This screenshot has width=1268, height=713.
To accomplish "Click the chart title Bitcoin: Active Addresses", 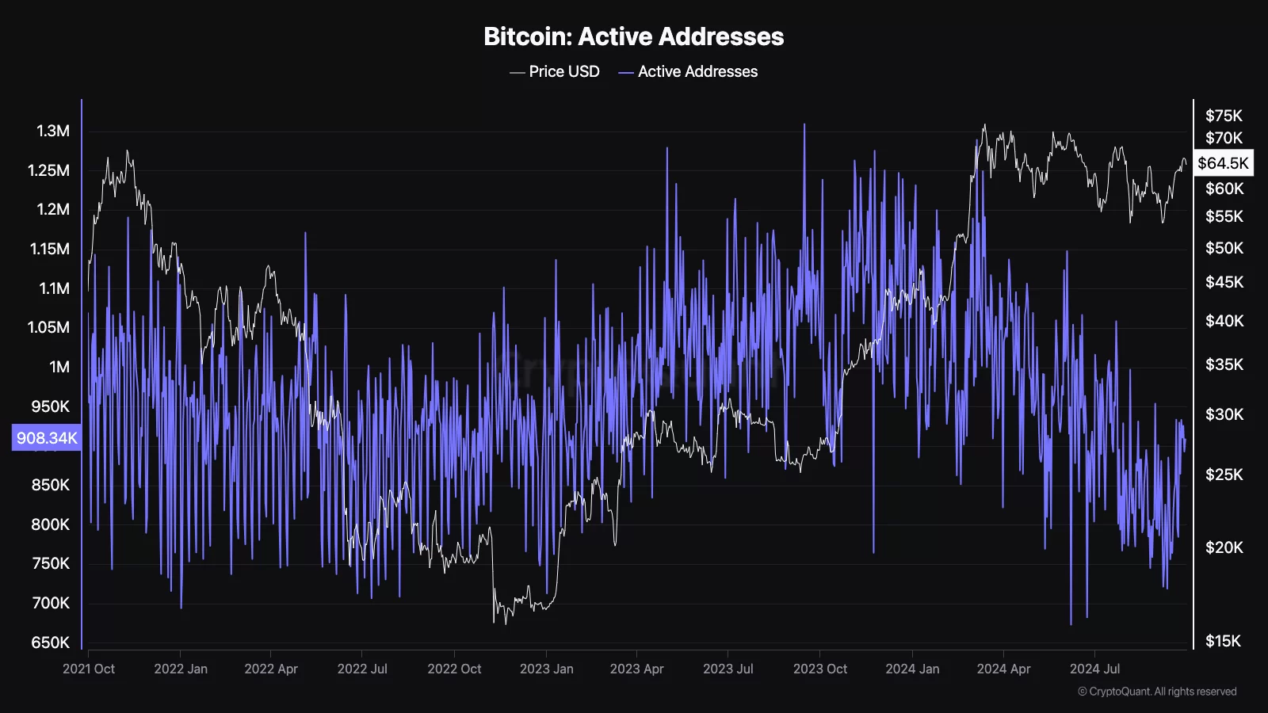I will point(633,36).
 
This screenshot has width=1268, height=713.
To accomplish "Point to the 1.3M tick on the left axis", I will point(53,131).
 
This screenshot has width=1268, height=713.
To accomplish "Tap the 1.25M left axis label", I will point(48,170).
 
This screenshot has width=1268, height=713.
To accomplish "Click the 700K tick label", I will point(51,603).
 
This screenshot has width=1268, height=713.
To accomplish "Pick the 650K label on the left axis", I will point(51,642).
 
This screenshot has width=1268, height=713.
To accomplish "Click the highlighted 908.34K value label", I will point(47,438).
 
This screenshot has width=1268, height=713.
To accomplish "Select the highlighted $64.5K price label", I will point(1223,163).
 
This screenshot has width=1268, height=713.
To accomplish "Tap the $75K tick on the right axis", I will point(1224,116).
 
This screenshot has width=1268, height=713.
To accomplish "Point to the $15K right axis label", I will point(1224,641).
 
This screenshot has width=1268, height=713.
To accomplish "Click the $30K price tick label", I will point(1224,414).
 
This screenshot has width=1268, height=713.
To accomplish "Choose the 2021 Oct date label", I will point(89,669).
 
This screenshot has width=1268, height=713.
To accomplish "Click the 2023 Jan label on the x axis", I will point(546,669).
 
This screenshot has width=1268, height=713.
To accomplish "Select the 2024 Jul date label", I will point(1094,669).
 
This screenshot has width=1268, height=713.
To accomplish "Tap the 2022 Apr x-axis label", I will point(271,669).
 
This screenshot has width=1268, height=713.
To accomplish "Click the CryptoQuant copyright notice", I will point(1157,692).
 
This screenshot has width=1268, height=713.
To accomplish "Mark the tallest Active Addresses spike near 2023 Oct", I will point(804,125).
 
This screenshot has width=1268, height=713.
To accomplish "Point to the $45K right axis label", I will point(1224,282).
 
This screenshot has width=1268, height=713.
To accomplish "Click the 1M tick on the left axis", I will point(59,367).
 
